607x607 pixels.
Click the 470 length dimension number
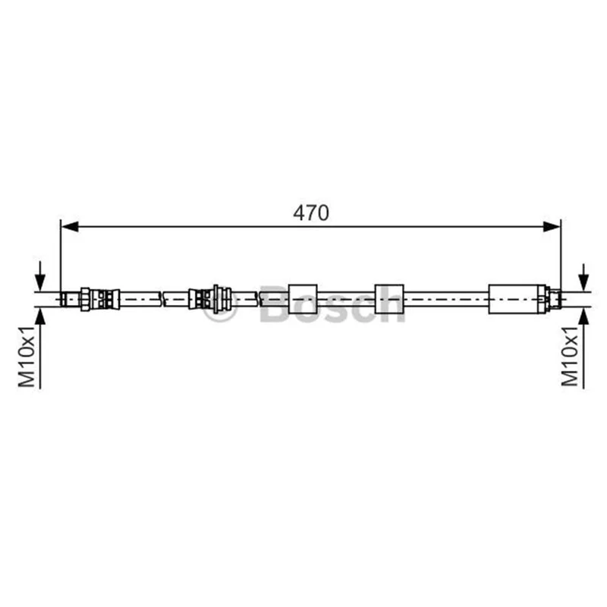click(311, 213)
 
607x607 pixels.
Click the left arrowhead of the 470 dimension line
click(70, 227)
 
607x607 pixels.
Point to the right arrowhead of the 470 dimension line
click(552, 227)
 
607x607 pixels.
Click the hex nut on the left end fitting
click(85, 299)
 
